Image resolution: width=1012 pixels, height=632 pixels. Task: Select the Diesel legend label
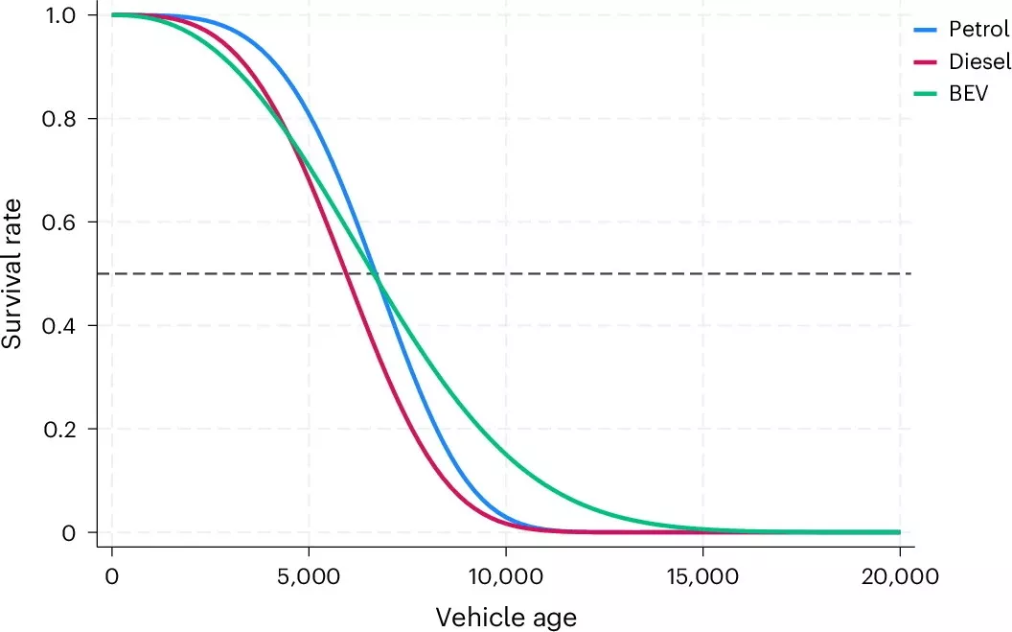click(x=978, y=61)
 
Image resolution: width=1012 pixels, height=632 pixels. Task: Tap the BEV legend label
click(x=969, y=93)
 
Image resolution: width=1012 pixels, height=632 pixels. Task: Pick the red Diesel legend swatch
click(x=925, y=61)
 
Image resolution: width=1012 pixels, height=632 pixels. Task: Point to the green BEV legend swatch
click(x=925, y=93)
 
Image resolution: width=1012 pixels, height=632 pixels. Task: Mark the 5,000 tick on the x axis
click(x=309, y=578)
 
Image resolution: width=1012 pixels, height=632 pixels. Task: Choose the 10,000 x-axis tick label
click(x=506, y=578)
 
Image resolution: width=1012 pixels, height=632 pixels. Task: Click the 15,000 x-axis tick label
click(x=703, y=578)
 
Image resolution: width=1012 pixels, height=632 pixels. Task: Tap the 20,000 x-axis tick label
click(x=900, y=578)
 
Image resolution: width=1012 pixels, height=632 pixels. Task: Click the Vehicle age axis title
click(x=506, y=617)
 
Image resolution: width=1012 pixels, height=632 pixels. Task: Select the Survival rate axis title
click(x=13, y=274)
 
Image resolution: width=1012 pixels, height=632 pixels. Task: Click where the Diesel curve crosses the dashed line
click(x=346, y=274)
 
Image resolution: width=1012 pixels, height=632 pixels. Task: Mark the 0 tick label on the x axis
click(x=112, y=578)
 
